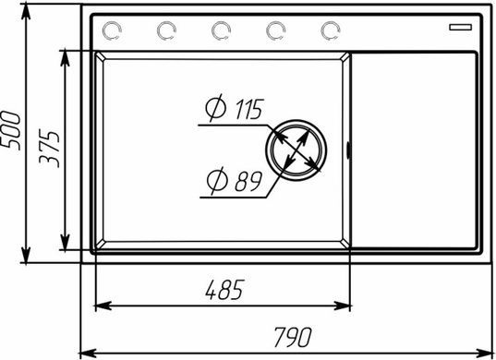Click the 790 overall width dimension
pos(293,337)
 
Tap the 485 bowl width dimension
pos(224,290)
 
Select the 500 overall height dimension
pos(11,130)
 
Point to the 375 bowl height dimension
pos(49,149)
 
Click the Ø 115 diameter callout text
pos(235,108)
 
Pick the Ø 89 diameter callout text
pos(234,181)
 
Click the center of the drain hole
pos(296,150)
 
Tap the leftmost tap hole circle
pos(112,31)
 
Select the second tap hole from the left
pos(166,31)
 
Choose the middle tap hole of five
pos(221,31)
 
